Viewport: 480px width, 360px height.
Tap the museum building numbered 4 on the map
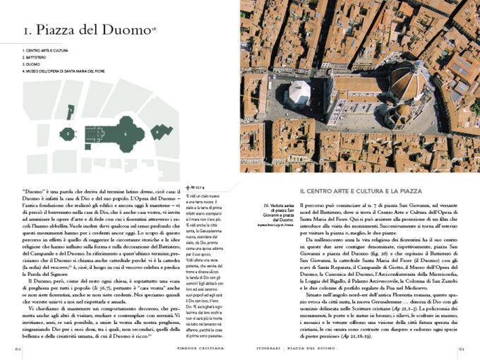[x=164, y=132]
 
